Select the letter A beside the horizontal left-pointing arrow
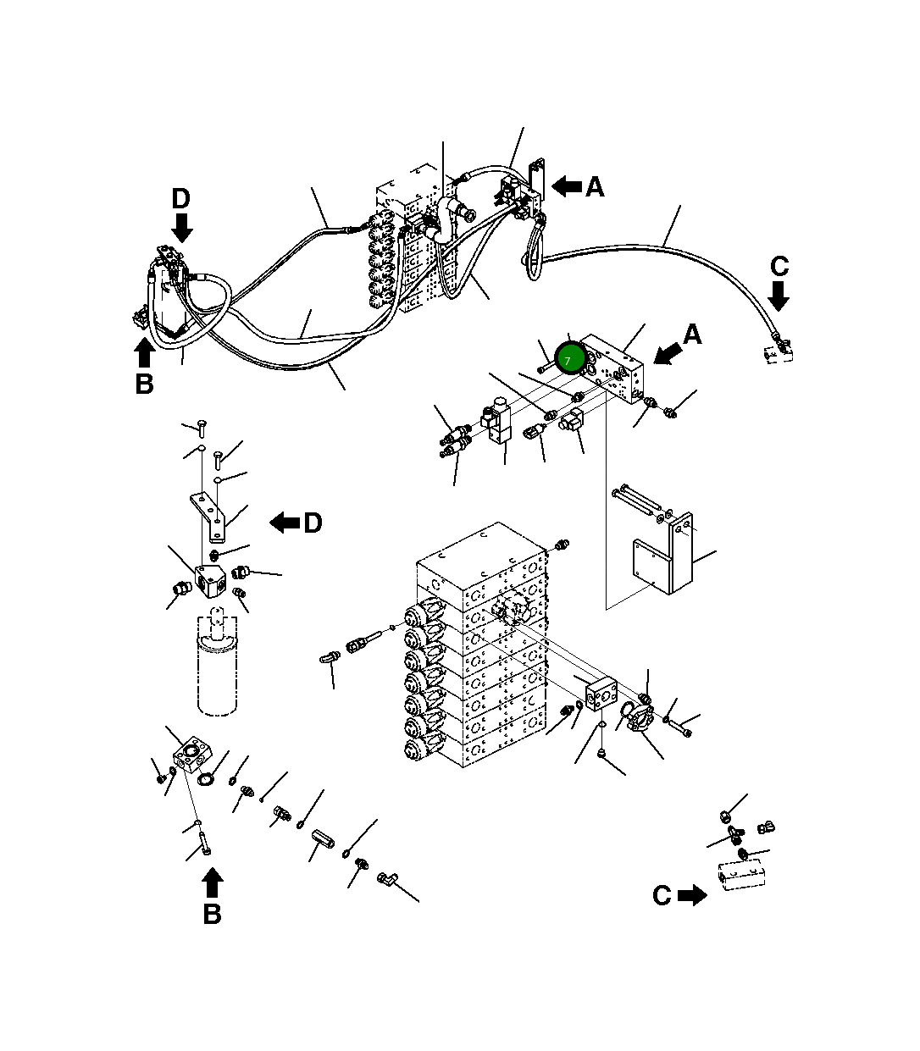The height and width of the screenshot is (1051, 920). (595, 187)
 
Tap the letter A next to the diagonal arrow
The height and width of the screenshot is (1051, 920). (692, 335)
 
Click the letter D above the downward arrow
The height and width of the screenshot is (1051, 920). (181, 199)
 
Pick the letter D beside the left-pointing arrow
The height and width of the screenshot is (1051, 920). (313, 523)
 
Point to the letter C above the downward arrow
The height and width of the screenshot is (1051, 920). (779, 267)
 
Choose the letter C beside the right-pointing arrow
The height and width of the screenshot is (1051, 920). (662, 896)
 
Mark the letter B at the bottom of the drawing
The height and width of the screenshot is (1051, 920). (212, 914)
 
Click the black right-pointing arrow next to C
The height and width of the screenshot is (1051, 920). (693, 895)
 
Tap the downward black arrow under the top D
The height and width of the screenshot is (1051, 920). (182, 227)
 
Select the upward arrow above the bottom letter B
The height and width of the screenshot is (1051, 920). (213, 882)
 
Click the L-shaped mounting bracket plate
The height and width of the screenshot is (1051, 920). (669, 555)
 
